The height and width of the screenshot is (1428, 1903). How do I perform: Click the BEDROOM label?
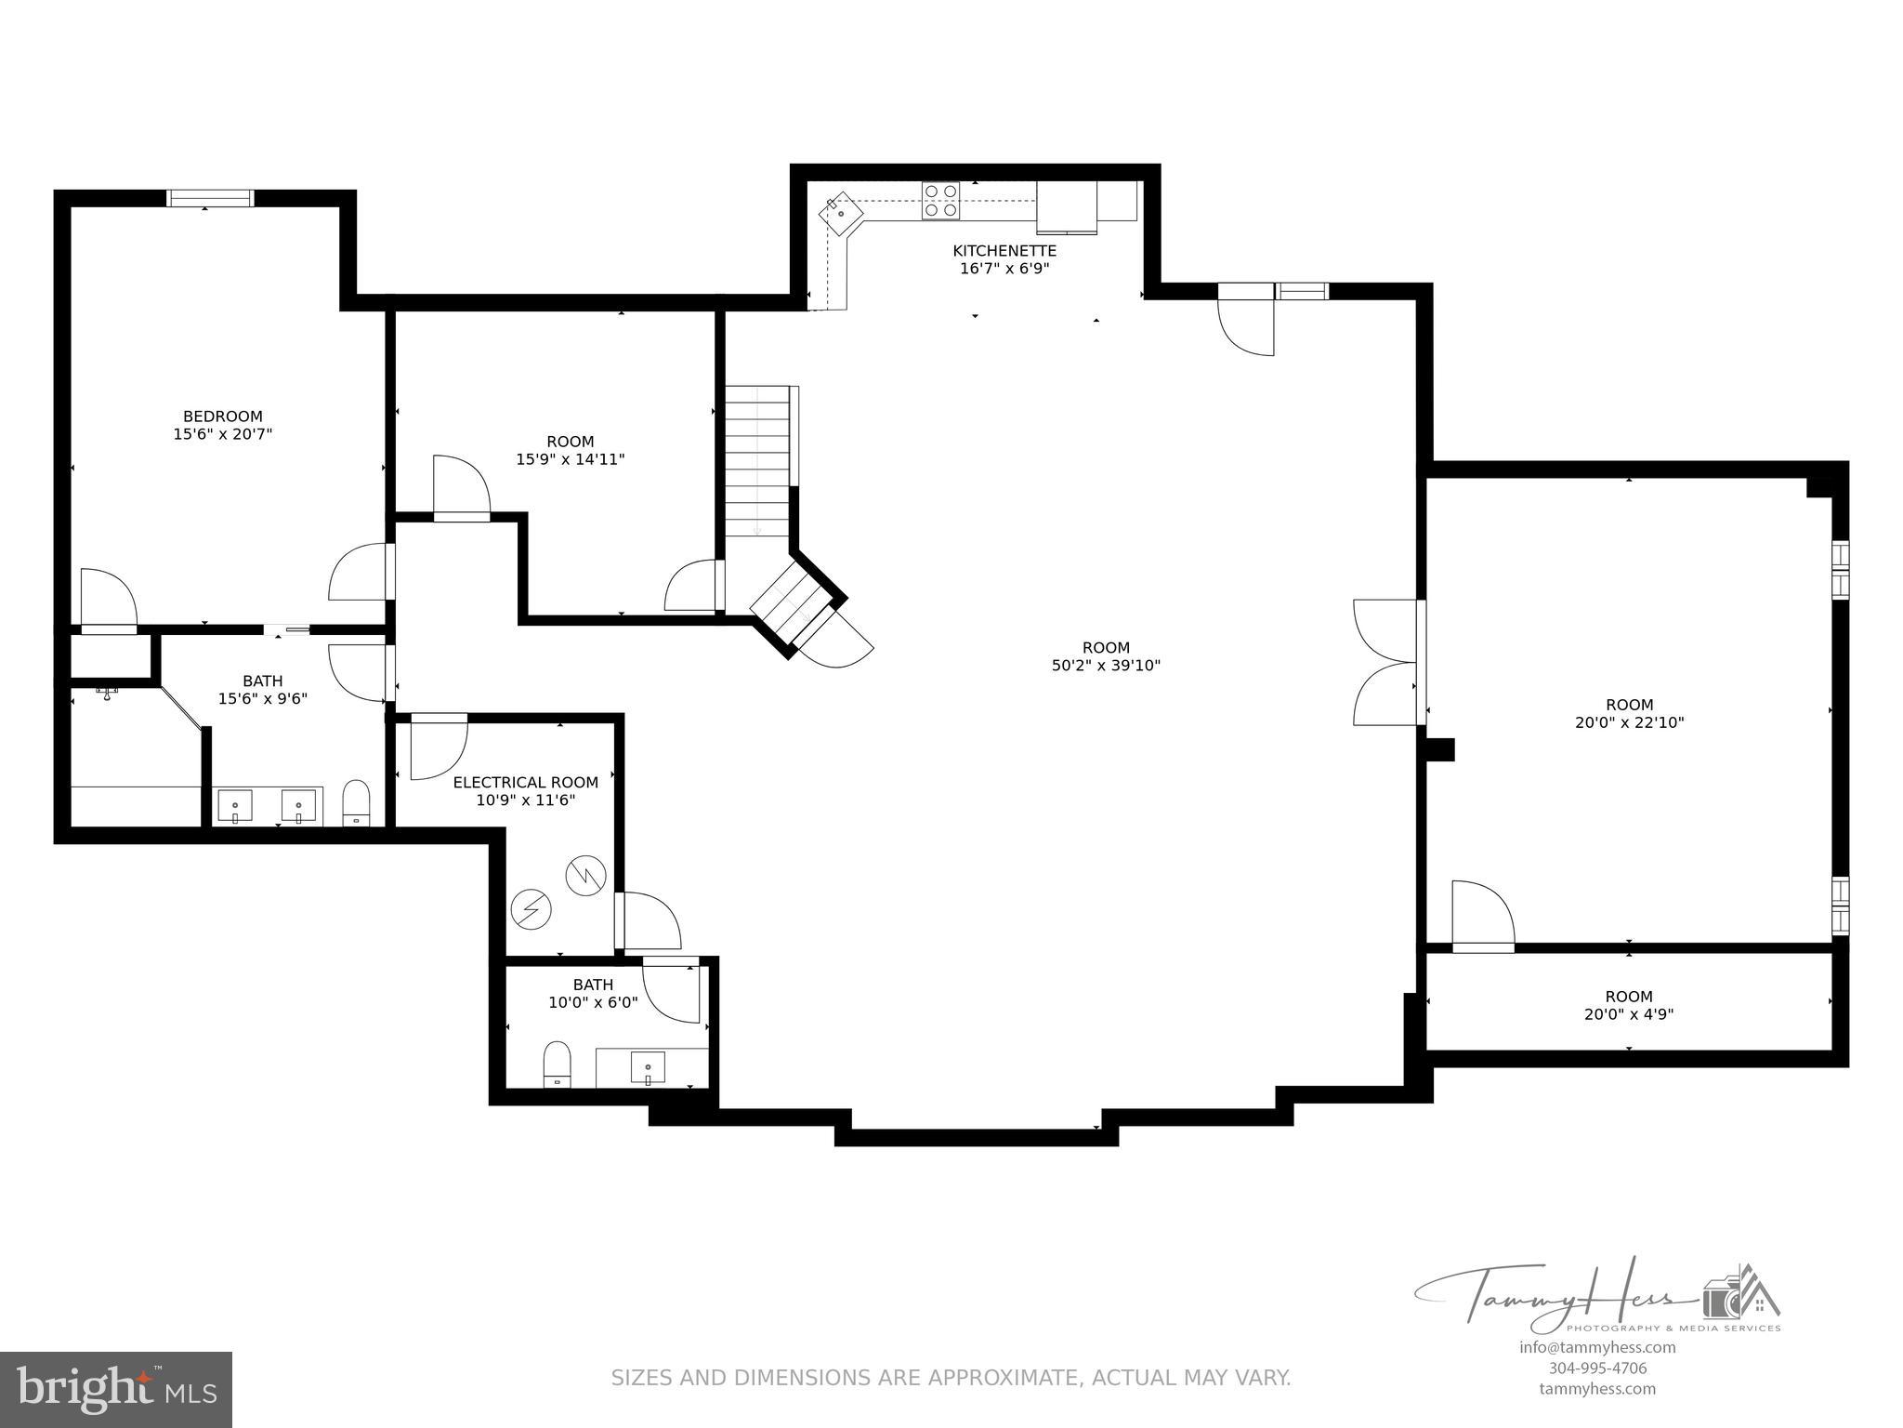[x=222, y=416]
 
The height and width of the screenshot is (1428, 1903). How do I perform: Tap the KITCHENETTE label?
[x=1004, y=251]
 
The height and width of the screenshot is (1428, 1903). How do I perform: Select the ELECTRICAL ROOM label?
[x=525, y=783]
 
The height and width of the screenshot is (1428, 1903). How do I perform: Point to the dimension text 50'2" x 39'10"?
[x=1106, y=666]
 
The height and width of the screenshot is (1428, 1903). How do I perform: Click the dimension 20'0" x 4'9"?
[x=1629, y=1014]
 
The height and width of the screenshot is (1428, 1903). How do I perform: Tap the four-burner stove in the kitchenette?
[x=940, y=201]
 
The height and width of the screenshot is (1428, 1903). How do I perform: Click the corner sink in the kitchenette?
[x=841, y=213]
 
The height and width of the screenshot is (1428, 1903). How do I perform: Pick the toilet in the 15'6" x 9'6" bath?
[x=357, y=802]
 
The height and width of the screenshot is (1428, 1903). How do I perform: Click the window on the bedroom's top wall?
[x=210, y=198]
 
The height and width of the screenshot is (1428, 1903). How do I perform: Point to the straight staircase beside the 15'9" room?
[x=757, y=461]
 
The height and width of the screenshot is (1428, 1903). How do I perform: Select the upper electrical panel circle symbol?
[x=586, y=875]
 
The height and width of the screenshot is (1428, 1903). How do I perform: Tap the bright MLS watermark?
[x=116, y=1390]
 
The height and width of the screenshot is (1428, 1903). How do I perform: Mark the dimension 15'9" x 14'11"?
[x=570, y=459]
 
